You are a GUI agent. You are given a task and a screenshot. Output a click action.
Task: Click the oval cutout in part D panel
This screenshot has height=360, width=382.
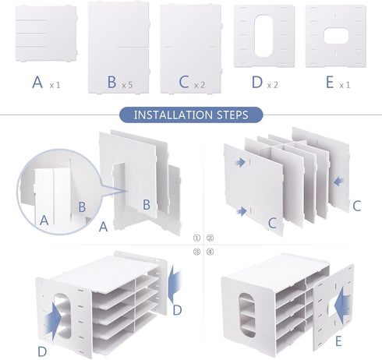(x=264, y=36)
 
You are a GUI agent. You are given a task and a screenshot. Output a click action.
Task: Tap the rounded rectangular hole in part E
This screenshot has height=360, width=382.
(x=336, y=36)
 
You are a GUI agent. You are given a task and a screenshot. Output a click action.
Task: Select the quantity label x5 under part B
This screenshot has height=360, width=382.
(x=127, y=85)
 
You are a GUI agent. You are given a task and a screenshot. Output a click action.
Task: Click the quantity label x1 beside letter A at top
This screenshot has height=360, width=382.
(x=55, y=85)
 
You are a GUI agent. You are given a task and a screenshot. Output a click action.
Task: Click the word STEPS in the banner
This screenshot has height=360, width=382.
(x=232, y=115)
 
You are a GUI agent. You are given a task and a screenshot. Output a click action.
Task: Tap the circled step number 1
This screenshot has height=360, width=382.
(x=196, y=238)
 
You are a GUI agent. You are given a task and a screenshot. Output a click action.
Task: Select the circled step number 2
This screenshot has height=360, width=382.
(x=210, y=238)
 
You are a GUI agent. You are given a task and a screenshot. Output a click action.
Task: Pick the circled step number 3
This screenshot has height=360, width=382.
(x=196, y=252)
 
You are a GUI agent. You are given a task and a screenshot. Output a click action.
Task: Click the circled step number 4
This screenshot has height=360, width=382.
(x=210, y=252)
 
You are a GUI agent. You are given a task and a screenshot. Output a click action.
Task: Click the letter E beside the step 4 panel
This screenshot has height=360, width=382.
(x=338, y=341)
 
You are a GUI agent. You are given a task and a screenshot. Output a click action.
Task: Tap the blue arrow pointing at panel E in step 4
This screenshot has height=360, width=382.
(x=342, y=303)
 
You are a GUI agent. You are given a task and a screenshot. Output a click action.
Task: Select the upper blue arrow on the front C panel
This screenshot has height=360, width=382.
(x=240, y=163)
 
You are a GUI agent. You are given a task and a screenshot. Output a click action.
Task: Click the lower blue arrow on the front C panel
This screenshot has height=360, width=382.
(x=242, y=211)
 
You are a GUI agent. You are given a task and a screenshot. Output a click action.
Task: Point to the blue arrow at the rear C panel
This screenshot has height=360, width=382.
(x=339, y=181)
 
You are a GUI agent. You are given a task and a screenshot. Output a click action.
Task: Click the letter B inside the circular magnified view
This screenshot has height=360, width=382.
(x=82, y=207)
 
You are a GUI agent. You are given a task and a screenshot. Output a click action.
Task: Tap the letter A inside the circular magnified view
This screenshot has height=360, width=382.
(x=44, y=221)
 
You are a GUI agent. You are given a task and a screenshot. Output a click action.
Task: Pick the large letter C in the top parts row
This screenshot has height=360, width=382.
(x=184, y=82)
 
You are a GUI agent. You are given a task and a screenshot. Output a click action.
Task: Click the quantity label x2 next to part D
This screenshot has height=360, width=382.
(x=273, y=85)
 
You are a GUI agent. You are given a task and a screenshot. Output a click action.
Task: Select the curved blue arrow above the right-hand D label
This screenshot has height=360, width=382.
(x=175, y=284)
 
